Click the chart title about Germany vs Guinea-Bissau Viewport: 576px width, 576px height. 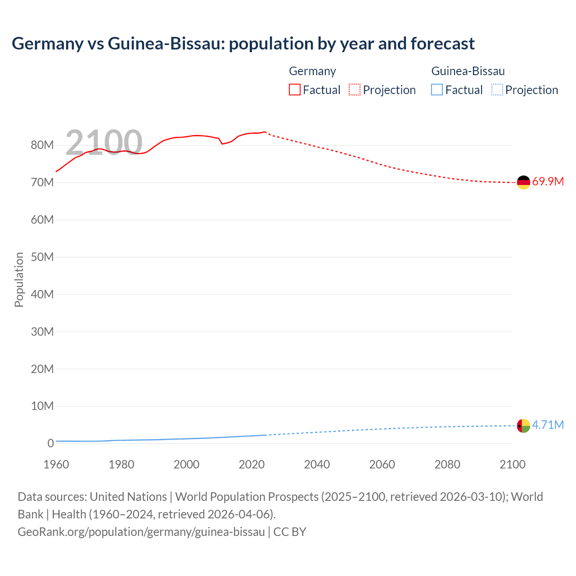pos(243,44)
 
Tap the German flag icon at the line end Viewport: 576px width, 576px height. pos(523,182)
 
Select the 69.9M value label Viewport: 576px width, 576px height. pos(548,182)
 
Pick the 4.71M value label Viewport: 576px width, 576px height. pos(548,425)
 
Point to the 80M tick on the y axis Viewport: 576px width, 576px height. pos(42,145)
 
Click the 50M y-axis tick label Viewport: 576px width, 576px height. pos(42,257)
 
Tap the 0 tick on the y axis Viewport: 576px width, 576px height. pos(50,443)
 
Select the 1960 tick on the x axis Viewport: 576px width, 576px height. pos(56,464)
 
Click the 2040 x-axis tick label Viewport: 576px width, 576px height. pos(317,464)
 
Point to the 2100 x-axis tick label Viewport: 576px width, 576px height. pos(512,464)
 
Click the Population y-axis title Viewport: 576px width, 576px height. pos(19,279)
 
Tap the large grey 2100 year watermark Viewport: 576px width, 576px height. pos(104,143)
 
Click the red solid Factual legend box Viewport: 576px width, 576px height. pos(295,90)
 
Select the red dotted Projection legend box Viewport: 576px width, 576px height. pos(355,90)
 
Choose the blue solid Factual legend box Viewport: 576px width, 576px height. pos(437,90)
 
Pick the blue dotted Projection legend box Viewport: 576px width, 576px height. pos(497,90)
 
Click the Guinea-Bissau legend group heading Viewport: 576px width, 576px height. pos(468,71)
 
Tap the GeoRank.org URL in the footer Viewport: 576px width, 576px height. pos(141,532)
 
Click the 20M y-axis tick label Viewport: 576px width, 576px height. pos(42,369)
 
